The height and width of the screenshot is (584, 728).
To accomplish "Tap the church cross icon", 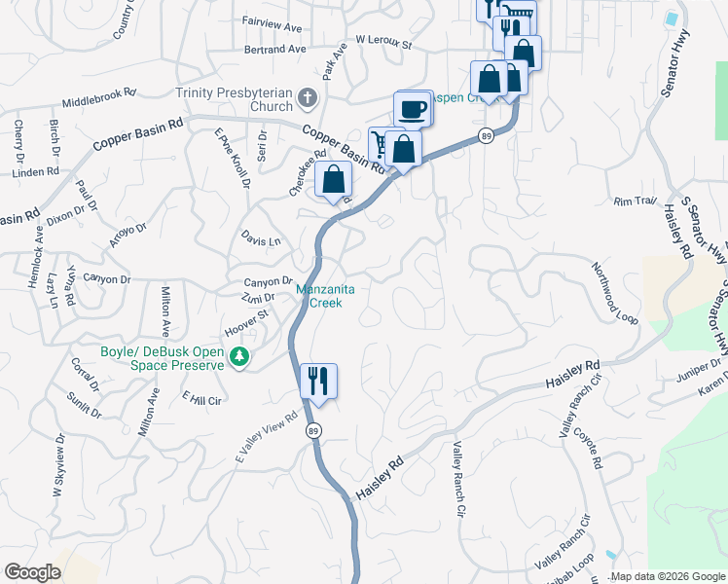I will click(307, 97).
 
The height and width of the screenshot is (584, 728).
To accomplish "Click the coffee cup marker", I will click(414, 108).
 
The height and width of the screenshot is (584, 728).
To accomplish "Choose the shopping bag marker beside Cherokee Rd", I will click(333, 180).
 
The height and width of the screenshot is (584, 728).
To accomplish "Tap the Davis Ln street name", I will click(261, 240).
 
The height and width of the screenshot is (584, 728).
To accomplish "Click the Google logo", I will click(32, 571).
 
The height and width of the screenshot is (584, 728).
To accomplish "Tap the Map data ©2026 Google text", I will click(668, 577).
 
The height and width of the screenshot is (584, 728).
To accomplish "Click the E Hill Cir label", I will click(203, 399).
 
